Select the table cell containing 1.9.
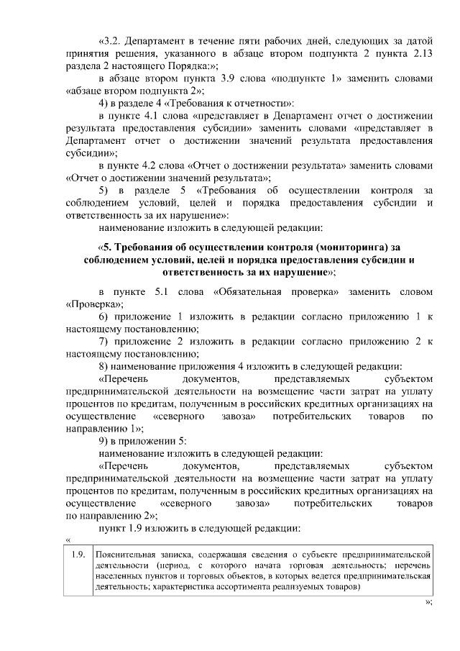[78, 555]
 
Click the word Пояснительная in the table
[128, 555]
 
